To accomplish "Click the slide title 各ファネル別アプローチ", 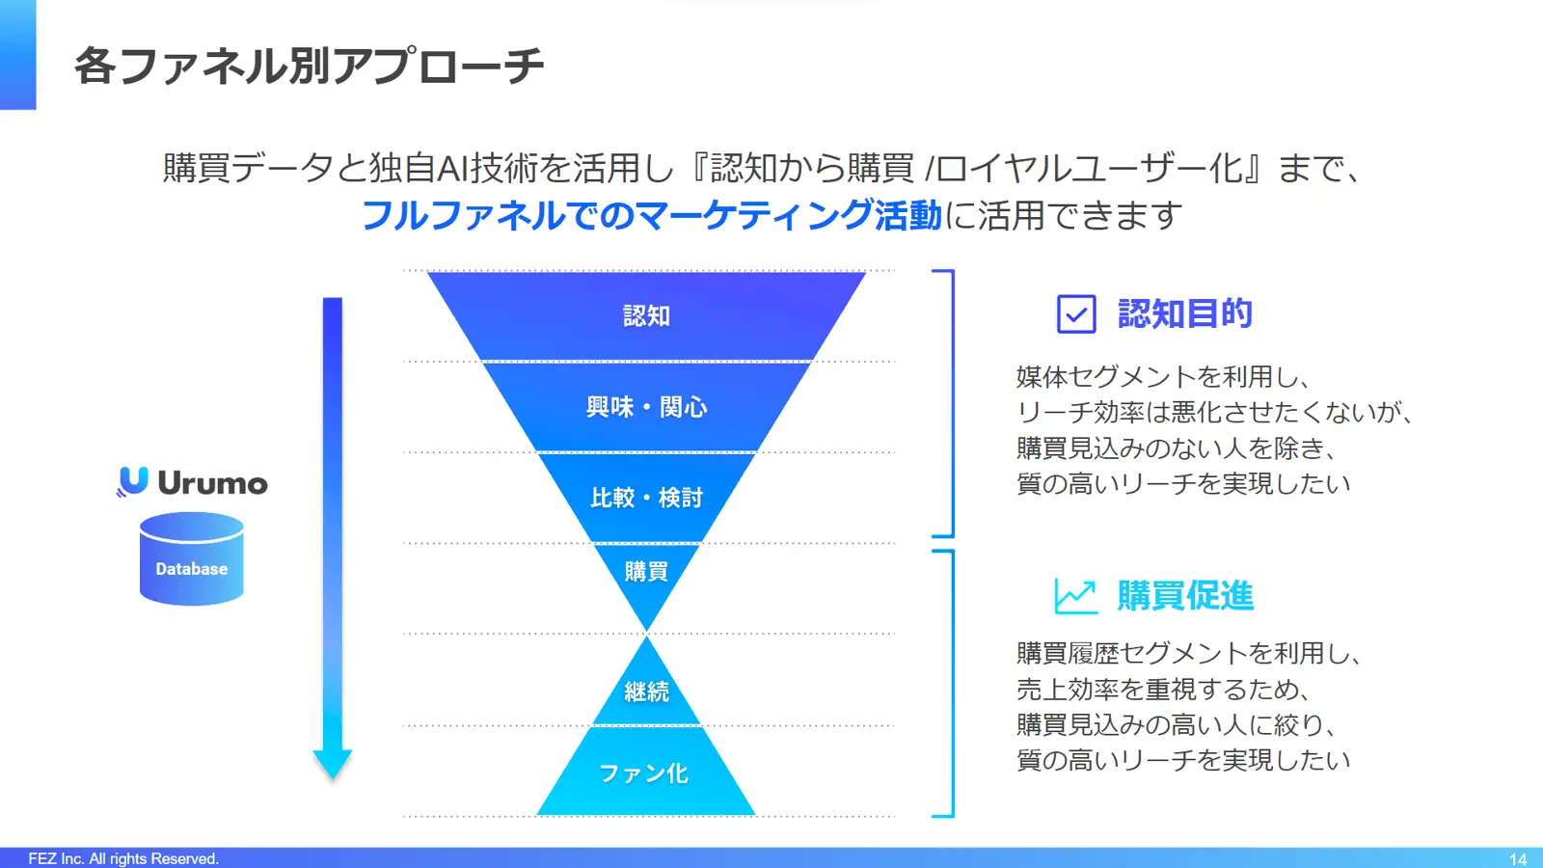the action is (309, 67).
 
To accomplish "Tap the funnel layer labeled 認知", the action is (646, 315).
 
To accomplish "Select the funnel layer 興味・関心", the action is (646, 407).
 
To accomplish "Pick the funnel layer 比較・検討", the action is (646, 498).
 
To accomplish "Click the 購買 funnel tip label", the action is (646, 571).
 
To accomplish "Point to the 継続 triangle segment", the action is (646, 689).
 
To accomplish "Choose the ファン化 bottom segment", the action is (646, 773).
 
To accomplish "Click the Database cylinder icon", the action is (192, 558).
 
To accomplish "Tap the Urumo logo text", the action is (212, 482).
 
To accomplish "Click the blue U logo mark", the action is (132, 481).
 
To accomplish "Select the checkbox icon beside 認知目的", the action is (1076, 314).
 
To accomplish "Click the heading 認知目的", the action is (1185, 314).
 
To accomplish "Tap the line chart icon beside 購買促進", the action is (1076, 596).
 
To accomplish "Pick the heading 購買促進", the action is (1185, 596).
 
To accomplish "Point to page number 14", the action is (1518, 859).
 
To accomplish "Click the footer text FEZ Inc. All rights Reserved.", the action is (123, 859).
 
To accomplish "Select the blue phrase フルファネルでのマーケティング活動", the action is (652, 215).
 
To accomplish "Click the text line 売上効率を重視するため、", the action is (1163, 689).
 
